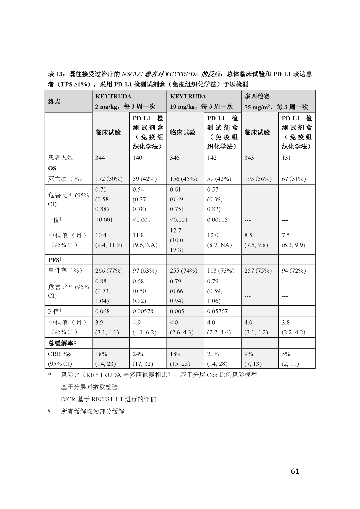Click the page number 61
[x=295, y=471]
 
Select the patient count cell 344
[x=100, y=158]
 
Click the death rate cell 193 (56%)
[x=258, y=179]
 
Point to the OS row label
[x=52, y=168]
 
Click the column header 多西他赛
[x=257, y=96]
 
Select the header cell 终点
[x=54, y=101]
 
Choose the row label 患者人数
[x=61, y=158]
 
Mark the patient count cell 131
[x=286, y=158]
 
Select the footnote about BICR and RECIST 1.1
[x=108, y=399]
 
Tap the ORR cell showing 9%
[x=249, y=354]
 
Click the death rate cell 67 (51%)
[x=294, y=179]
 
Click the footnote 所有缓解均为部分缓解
[x=92, y=411]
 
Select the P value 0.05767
[x=217, y=311]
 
